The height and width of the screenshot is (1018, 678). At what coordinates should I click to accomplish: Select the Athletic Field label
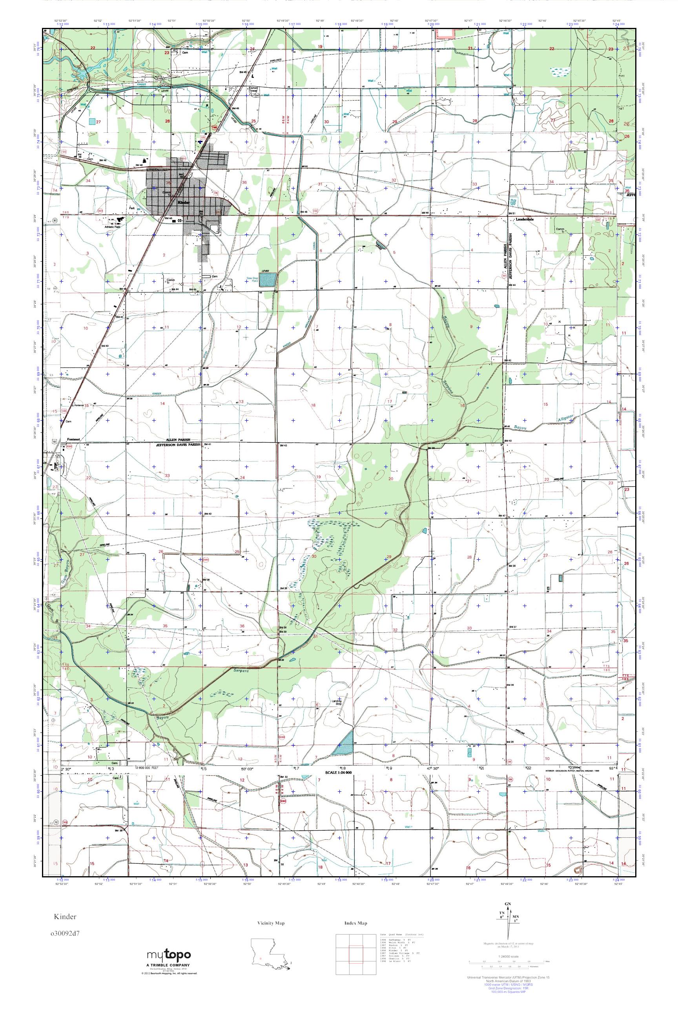pyautogui.click(x=111, y=226)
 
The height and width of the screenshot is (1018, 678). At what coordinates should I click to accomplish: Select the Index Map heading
pyautogui.click(x=356, y=923)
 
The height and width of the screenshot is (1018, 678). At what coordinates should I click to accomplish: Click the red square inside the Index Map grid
pyautogui.click(x=355, y=955)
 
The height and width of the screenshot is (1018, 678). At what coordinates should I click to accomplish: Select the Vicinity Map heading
pyautogui.click(x=271, y=923)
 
